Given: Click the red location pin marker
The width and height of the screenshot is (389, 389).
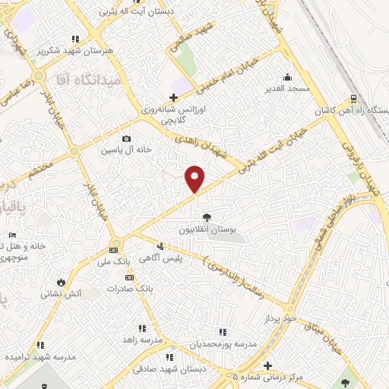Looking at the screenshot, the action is coord(195,179).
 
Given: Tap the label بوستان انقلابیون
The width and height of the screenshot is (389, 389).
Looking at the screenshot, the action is coord(207,229).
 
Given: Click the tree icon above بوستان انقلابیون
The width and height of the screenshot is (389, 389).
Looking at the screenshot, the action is coord(207,218).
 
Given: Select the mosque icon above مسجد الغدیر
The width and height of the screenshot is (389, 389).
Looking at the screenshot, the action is coord(287,77).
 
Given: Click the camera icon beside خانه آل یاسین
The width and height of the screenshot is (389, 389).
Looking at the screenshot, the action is coord(126,138).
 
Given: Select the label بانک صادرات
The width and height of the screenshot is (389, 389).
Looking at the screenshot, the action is coord(125,288).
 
